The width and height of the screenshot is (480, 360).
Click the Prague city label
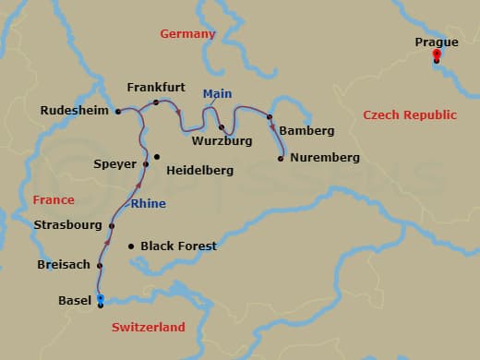(437, 42)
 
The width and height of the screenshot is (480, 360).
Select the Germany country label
(187, 34)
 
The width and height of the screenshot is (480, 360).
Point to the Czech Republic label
(410, 115)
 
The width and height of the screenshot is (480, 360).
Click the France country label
(54, 199)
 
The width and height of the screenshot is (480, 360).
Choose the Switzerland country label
(149, 327)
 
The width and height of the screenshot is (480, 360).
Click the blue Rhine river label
(149, 204)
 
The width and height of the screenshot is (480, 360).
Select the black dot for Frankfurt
(156, 102)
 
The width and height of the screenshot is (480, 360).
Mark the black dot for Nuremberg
(281, 159)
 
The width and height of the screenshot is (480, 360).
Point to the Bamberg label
(306, 131)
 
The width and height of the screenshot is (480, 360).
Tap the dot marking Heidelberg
(157, 156)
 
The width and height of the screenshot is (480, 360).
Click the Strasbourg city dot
(112, 225)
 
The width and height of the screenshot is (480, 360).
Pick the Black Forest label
(178, 246)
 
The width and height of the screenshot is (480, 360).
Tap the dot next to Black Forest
(131, 246)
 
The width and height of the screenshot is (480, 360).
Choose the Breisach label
(64, 265)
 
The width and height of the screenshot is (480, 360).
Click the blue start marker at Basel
(100, 298)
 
